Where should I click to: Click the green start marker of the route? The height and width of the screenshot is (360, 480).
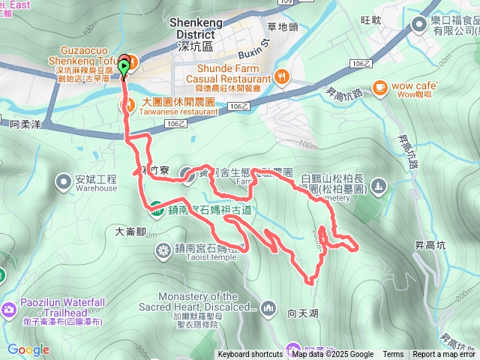click(124, 67)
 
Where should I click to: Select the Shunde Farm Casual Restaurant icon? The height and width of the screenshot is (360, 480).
click(281, 76)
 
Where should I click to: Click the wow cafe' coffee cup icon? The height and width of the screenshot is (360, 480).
click(380, 87)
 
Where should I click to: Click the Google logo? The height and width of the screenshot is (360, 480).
click(28, 349)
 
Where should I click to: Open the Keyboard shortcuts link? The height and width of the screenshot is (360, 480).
click(250, 355)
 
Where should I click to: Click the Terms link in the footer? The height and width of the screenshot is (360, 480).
click(393, 355)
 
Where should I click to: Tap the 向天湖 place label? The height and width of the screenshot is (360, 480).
click(303, 306)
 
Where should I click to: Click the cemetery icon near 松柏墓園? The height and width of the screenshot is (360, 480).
click(379, 184)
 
